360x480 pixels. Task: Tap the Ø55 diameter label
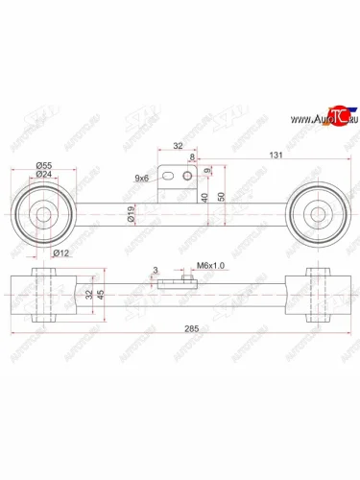43,165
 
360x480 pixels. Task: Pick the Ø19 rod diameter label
131,218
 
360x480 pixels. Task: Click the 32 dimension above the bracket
179,148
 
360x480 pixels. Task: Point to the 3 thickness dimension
154,272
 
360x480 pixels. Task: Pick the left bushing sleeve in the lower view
41,296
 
